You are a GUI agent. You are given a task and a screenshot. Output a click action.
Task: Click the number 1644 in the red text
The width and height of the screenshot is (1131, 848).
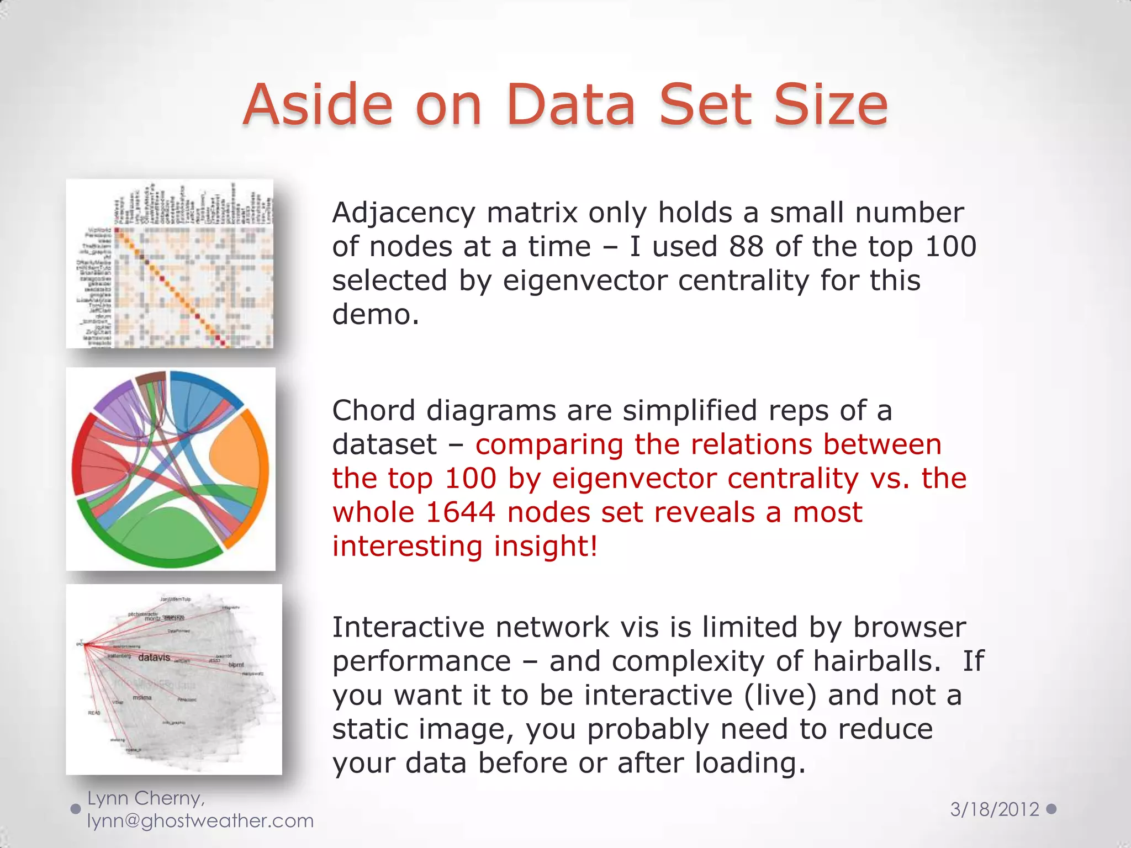460,512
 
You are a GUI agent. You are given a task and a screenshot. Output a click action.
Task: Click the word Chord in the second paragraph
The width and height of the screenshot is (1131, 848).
374,411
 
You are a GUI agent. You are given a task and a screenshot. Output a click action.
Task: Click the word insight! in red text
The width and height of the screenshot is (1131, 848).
546,546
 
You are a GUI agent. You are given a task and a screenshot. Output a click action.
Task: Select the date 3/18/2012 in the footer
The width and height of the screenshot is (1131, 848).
994,809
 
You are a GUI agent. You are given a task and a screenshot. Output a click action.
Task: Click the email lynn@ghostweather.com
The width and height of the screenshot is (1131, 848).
200,821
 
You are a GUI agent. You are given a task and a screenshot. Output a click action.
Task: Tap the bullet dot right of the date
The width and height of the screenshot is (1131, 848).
1051,809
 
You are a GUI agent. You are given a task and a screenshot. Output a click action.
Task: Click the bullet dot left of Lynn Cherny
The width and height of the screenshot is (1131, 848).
76,809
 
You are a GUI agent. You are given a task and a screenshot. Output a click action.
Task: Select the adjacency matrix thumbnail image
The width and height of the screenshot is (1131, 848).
170,263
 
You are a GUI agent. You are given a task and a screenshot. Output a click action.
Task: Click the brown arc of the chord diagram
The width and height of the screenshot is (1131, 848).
150,378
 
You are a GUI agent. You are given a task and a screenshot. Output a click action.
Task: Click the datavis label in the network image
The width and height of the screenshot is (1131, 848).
154,658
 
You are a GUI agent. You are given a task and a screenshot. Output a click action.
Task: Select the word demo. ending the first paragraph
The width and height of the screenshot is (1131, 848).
376,315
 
